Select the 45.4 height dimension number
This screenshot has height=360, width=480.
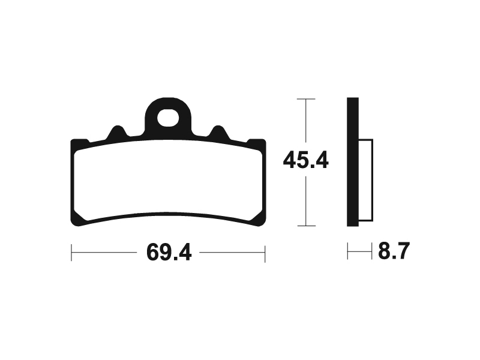point(306,162)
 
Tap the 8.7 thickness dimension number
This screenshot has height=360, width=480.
point(394,251)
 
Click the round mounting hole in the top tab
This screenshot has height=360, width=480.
point(169,117)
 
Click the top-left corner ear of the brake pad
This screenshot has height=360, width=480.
point(78,143)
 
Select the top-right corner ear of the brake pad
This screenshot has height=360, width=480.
point(259,143)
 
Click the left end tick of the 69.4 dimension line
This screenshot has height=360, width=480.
point(71,253)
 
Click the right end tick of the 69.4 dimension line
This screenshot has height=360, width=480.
point(265,253)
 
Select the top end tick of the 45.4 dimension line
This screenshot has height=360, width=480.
point(306,98)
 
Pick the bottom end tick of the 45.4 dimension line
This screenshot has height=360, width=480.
point(306,226)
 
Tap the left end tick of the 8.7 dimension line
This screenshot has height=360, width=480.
point(347,251)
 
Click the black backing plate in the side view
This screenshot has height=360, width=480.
point(353,162)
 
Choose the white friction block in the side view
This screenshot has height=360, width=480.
point(365,180)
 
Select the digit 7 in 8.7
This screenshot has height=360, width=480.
point(403,251)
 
